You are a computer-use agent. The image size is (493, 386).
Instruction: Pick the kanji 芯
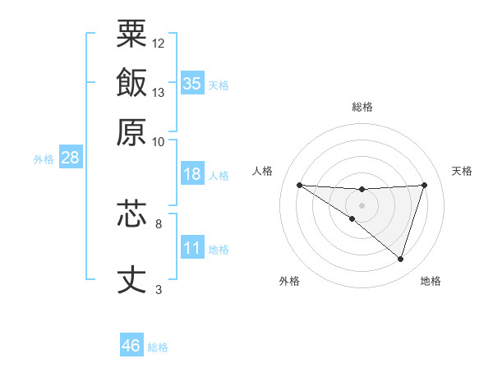[x=131, y=215]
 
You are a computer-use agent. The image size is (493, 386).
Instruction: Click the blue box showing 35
[x=192, y=83]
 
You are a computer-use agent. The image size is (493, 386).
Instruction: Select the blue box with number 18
[x=192, y=174]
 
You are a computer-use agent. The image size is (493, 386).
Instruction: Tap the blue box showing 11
[x=192, y=248]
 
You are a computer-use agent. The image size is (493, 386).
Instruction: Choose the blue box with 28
[x=70, y=158]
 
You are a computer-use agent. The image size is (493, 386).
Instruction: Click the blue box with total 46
[x=131, y=346]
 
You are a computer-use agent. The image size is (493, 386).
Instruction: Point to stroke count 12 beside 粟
[x=159, y=43]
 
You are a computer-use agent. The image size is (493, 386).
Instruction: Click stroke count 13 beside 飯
[x=159, y=92]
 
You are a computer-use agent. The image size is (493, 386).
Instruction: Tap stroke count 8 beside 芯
[x=159, y=223]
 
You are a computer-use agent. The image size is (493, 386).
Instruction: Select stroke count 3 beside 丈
[x=159, y=289]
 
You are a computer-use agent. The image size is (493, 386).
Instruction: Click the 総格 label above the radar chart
[x=362, y=107]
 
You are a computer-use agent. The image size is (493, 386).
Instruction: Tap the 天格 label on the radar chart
[x=462, y=171]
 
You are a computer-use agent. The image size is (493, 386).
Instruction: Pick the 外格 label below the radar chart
[x=289, y=281]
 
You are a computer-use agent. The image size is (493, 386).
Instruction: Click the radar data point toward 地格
[x=401, y=260]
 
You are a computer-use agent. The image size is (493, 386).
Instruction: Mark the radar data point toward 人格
[x=299, y=185]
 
